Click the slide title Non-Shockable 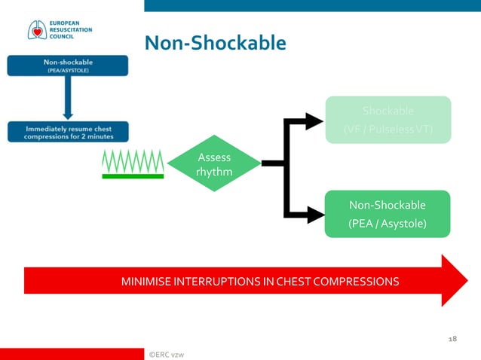coord(215,43)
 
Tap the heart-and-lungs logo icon coord(35,29)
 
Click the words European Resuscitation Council coord(69,30)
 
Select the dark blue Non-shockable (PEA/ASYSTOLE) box coord(68,66)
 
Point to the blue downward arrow coord(68,98)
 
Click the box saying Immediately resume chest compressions coord(69,133)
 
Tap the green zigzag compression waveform coord(133,160)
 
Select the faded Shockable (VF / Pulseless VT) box coord(388,119)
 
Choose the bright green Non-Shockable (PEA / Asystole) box coord(388,214)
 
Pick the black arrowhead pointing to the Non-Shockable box coord(313,214)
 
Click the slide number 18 coord(452,340)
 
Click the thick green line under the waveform coord(133,176)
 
